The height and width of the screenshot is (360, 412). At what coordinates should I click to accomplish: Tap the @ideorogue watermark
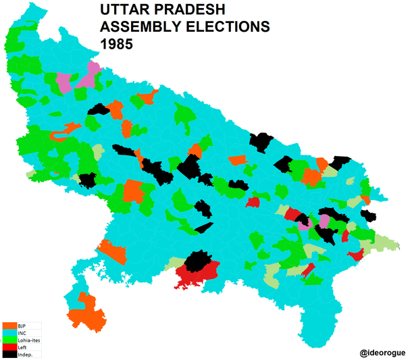382,352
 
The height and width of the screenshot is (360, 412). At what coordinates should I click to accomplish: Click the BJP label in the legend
22,326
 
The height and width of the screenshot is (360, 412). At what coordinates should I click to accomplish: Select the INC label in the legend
22,332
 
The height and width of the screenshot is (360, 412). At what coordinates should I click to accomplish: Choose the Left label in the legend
22,346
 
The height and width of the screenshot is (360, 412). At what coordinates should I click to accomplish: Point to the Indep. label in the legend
25,354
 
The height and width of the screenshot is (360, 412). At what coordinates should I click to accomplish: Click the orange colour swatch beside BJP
9,326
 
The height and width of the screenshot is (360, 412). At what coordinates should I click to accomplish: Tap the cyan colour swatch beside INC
9,332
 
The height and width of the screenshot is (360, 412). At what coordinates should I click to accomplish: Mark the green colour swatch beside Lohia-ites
9,340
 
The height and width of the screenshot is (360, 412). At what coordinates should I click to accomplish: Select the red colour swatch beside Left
9,346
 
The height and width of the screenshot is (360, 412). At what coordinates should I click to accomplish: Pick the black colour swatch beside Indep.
9,354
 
